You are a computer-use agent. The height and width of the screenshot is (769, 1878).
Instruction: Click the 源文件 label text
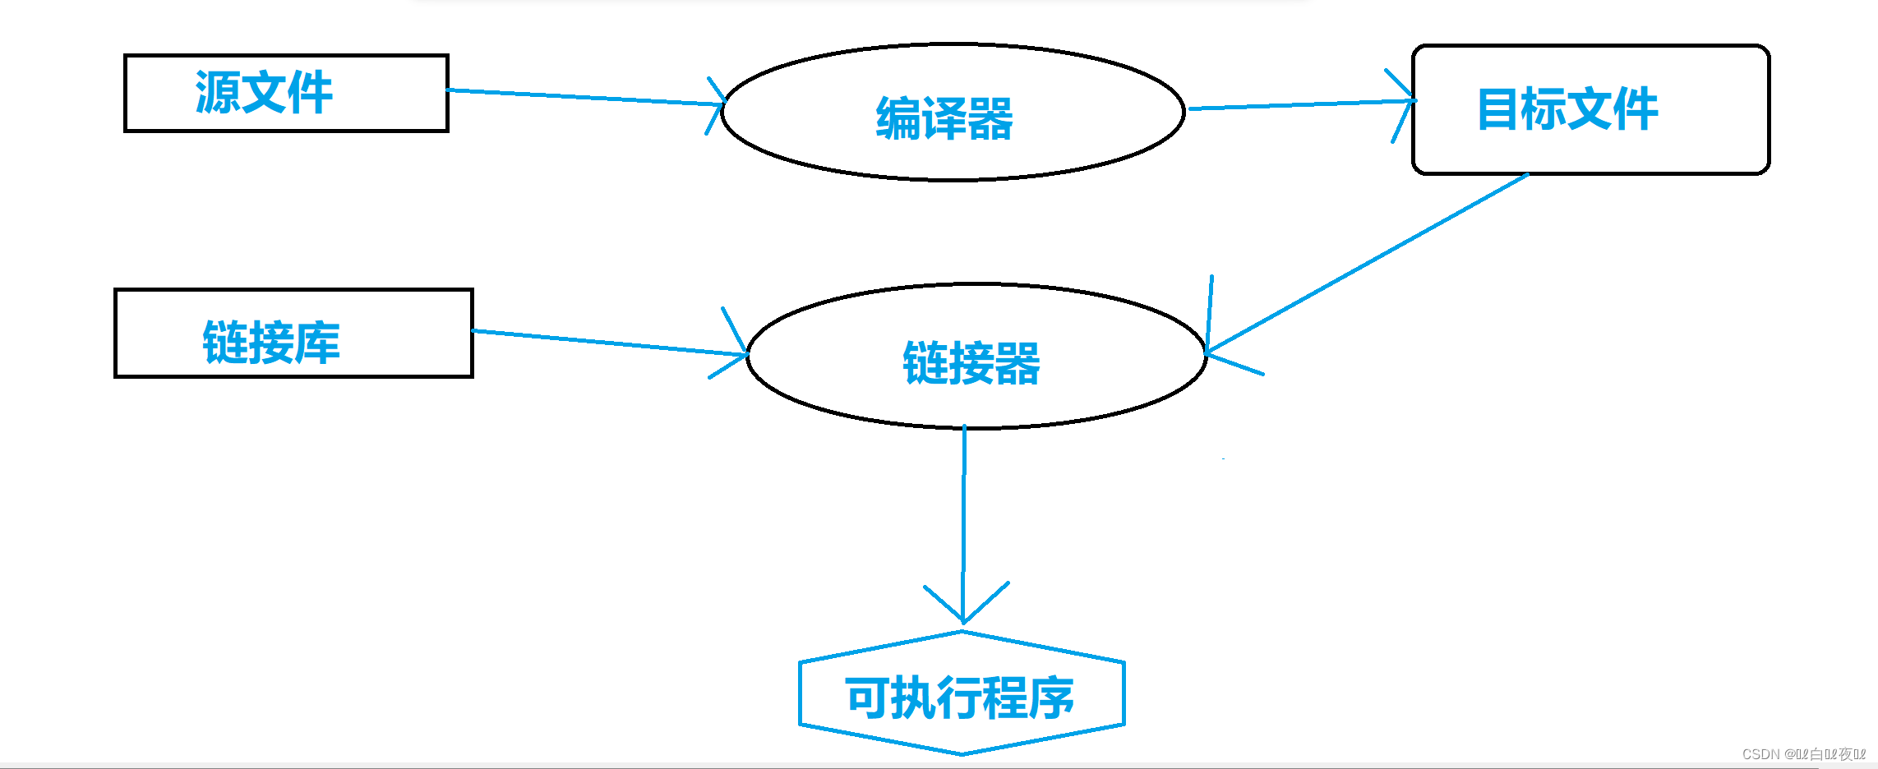coord(264,92)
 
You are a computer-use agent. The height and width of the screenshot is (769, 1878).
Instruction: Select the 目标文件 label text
coord(1567,109)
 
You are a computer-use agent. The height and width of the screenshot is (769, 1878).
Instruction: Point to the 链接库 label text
coord(271,343)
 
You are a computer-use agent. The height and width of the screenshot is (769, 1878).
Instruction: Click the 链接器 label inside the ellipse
coord(971,363)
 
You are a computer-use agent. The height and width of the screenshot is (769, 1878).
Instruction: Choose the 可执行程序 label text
coord(960,698)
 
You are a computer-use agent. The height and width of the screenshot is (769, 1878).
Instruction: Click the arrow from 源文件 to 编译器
coord(584,97)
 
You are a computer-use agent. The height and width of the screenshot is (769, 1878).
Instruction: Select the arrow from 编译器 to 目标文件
coord(1299,104)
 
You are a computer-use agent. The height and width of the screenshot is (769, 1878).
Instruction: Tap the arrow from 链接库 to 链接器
coord(608,343)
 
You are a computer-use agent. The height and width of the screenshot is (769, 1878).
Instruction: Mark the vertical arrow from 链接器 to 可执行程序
coord(964,518)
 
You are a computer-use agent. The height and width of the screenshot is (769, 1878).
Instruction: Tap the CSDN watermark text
coord(1803,754)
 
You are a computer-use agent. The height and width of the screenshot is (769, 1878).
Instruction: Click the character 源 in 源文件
coord(218,92)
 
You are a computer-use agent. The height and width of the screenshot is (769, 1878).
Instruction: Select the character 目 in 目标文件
coord(1497,109)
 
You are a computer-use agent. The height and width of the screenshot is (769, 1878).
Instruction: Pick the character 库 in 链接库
coord(317,343)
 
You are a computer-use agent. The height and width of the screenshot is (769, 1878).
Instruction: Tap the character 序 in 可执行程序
coord(1052,698)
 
